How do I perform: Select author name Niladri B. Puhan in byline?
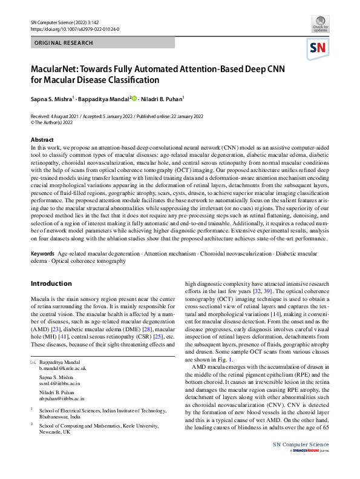[163, 98]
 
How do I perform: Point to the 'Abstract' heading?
[41, 139]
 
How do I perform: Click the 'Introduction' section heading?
[51, 283]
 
